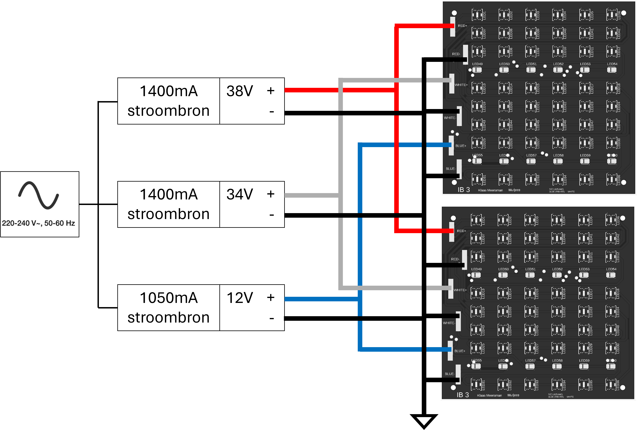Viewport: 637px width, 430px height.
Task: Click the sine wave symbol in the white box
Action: pyautogui.click(x=38, y=195)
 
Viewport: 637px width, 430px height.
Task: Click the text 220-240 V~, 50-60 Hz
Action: pyautogui.click(x=38, y=223)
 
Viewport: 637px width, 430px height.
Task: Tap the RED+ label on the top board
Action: pyautogui.click(x=462, y=26)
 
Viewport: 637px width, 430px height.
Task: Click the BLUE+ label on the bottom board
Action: pyautogui.click(x=460, y=351)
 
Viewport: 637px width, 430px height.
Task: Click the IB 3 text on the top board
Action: pyautogui.click(x=464, y=190)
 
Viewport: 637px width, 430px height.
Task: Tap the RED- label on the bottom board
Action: pyautogui.click(x=455, y=259)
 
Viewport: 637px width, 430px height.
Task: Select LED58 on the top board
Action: pyautogui.click(x=558, y=161)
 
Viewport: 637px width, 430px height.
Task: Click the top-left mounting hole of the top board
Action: pyautogui.click(x=454, y=13)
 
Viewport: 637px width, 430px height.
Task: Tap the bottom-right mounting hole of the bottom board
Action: pyautogui.click(x=623, y=388)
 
